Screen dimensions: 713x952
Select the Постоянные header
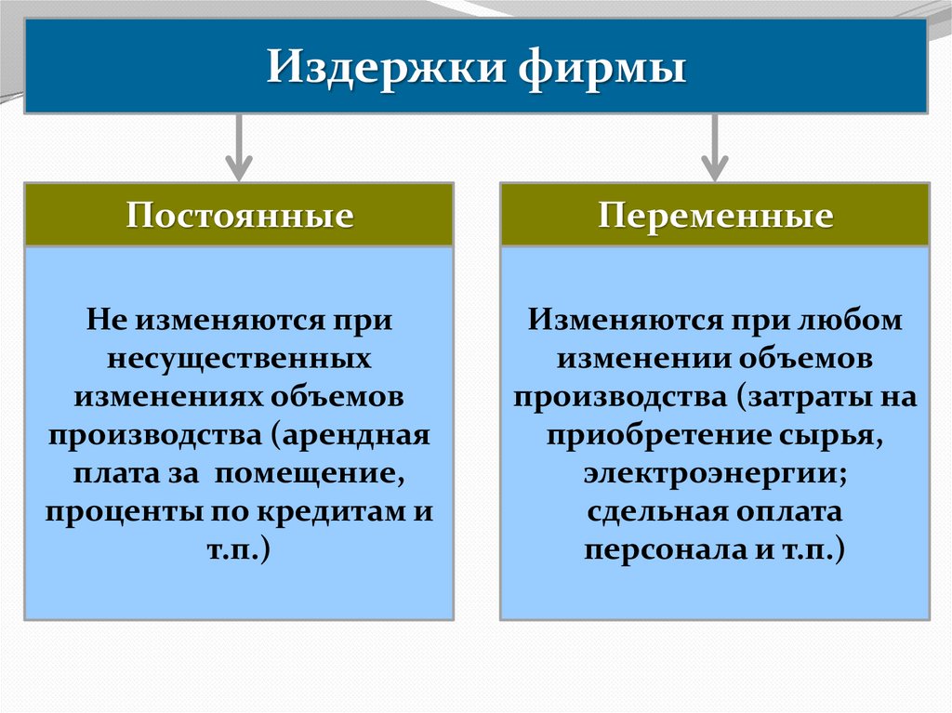tap(239, 216)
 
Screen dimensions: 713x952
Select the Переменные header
tap(714, 216)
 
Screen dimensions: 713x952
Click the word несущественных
tap(239, 357)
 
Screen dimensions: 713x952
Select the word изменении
tap(639, 358)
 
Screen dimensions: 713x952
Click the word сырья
tap(837, 435)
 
